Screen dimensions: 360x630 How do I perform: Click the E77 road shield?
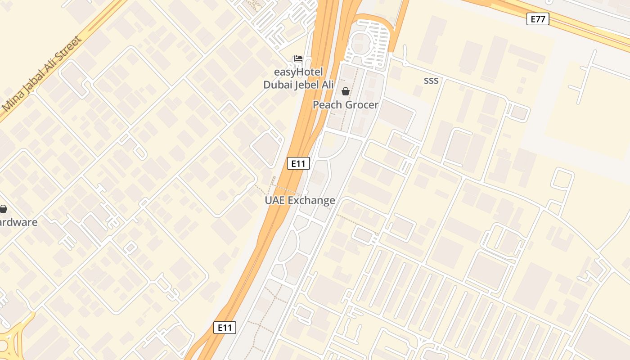538,19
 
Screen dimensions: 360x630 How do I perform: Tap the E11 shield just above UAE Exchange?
298,163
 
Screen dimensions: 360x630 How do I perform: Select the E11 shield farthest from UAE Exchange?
225,328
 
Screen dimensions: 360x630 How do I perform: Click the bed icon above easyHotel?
298,58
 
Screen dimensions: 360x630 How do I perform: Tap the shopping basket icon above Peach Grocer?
346,92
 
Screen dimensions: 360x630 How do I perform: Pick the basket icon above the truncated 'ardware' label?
3,209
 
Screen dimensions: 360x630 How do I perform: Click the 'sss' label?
431,81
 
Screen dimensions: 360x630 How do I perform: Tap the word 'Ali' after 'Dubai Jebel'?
328,85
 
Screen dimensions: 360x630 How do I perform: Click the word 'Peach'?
327,105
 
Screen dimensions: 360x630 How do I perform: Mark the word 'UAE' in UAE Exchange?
274,200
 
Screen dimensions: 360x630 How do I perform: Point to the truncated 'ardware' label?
19,222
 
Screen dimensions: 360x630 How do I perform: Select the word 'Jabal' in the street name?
33,83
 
